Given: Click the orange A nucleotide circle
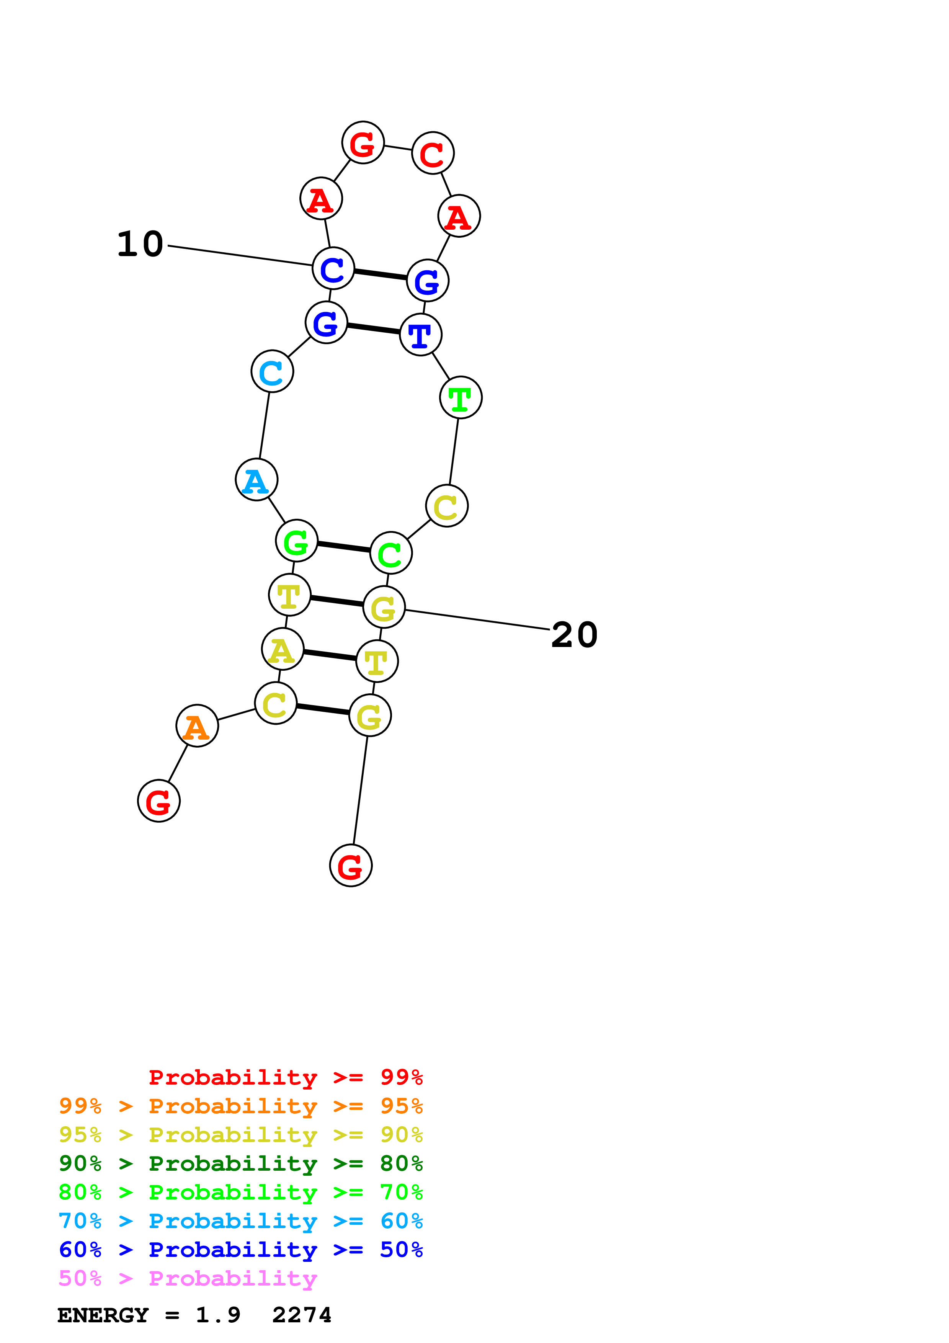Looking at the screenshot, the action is tap(197, 725).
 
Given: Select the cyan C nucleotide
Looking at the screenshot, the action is tap(272, 371).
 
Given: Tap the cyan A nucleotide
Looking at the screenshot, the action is tap(256, 480).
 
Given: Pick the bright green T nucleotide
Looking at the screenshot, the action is tap(461, 398).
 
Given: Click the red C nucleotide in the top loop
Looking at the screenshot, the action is tap(433, 153).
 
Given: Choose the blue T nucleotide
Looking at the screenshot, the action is tap(420, 335).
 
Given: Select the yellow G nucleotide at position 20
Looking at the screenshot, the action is tap(384, 607).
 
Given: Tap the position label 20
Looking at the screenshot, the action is tap(574, 635).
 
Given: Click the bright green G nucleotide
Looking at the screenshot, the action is tap(296, 541).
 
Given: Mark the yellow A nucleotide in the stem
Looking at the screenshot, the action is tap(283, 649).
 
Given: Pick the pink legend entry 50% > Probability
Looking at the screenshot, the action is tap(188, 1278).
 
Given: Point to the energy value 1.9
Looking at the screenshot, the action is tap(217, 1315).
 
